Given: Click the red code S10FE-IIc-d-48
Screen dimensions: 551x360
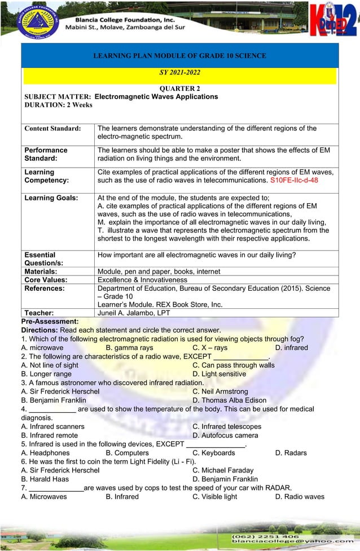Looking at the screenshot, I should click(294, 180).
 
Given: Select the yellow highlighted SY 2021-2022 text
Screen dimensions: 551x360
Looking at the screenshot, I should click(179, 73).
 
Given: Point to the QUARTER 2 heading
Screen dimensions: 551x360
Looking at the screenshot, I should click(179, 89).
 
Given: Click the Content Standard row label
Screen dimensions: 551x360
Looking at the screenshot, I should click(52, 129).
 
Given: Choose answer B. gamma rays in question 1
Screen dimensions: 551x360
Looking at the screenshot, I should click(130, 348).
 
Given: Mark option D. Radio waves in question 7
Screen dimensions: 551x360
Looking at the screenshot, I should click(300, 497).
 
